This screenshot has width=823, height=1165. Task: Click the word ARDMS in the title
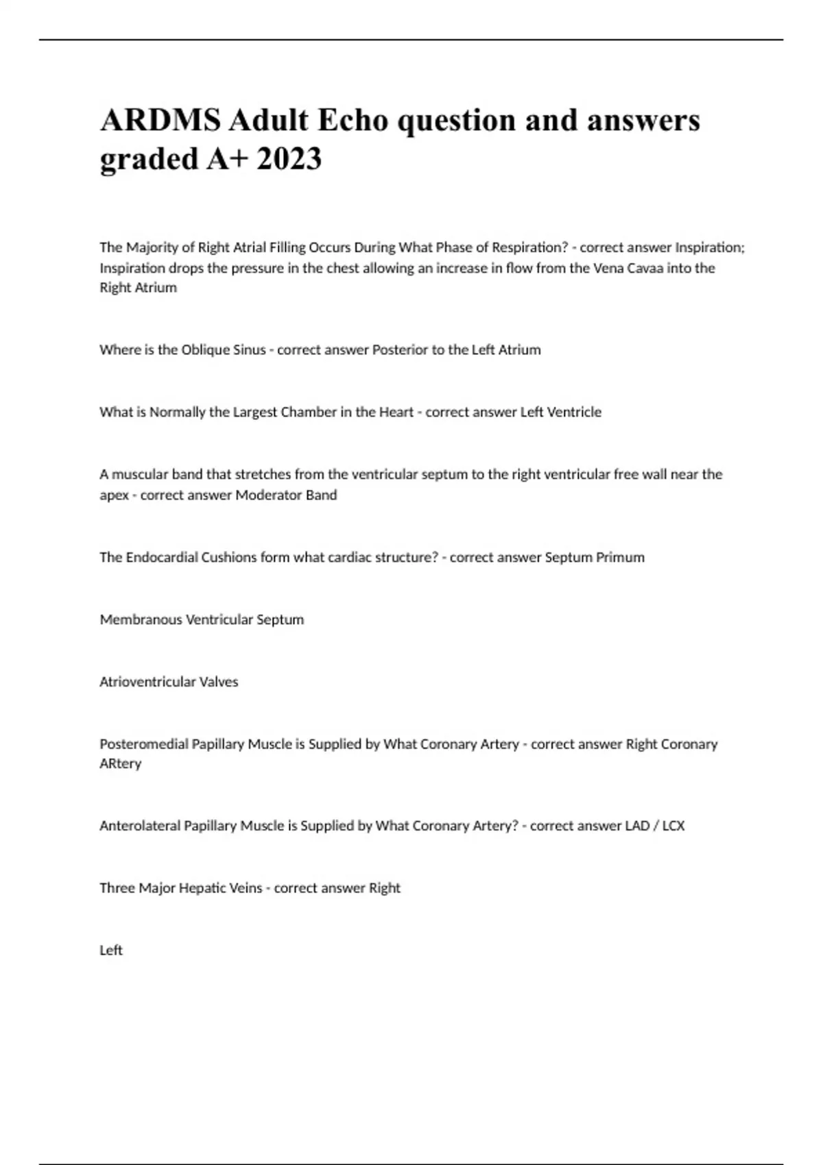click(x=160, y=121)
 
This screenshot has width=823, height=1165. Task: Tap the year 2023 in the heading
click(x=289, y=160)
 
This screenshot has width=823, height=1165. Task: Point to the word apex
click(x=114, y=496)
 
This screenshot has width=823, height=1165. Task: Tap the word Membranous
click(x=141, y=620)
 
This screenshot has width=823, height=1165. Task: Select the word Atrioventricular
click(x=147, y=683)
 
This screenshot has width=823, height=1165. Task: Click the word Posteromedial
click(x=143, y=744)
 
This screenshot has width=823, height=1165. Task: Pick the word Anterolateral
click(x=140, y=826)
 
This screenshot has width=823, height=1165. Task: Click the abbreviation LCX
click(x=673, y=826)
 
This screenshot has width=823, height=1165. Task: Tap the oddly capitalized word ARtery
click(x=121, y=764)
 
